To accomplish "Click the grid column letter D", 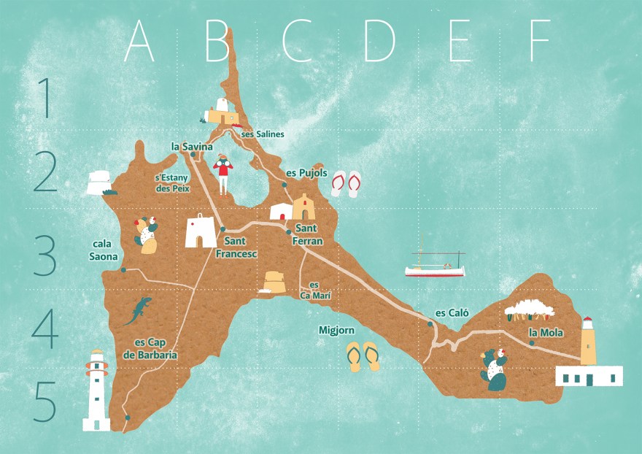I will pyautogui.click(x=379, y=41).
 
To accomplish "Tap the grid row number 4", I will pyautogui.click(x=45, y=330).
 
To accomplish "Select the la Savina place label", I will pyautogui.click(x=191, y=147).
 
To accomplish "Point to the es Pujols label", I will pyautogui.click(x=306, y=173).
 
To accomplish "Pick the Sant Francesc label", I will pyautogui.click(x=237, y=247).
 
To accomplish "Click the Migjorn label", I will pyautogui.click(x=336, y=331).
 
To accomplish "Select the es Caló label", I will pyautogui.click(x=452, y=313).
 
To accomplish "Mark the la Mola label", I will pyautogui.click(x=546, y=333).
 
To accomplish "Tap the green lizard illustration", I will pyautogui.click(x=137, y=310).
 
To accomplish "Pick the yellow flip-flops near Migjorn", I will pyautogui.click(x=363, y=356).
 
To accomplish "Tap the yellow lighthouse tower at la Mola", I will pyautogui.click(x=588, y=342).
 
